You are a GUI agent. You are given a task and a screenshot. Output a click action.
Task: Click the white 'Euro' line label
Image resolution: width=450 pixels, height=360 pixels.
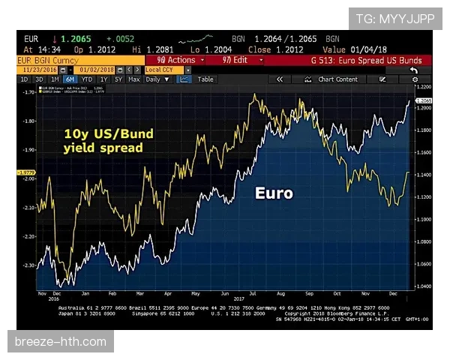tap(273, 193)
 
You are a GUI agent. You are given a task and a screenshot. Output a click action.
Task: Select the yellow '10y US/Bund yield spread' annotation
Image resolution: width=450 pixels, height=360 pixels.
tap(108, 141)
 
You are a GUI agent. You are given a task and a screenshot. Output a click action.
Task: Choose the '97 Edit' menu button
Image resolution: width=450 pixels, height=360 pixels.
tap(232, 60)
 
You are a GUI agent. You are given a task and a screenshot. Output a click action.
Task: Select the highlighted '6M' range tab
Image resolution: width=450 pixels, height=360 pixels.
tap(69, 79)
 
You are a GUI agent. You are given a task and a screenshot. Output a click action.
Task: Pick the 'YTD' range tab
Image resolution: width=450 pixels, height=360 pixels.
tap(87, 79)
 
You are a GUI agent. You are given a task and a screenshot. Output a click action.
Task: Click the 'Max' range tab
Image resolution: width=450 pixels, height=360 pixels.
tap(133, 79)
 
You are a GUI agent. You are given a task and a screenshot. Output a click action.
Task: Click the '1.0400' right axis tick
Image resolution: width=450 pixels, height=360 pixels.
tap(422, 286)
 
